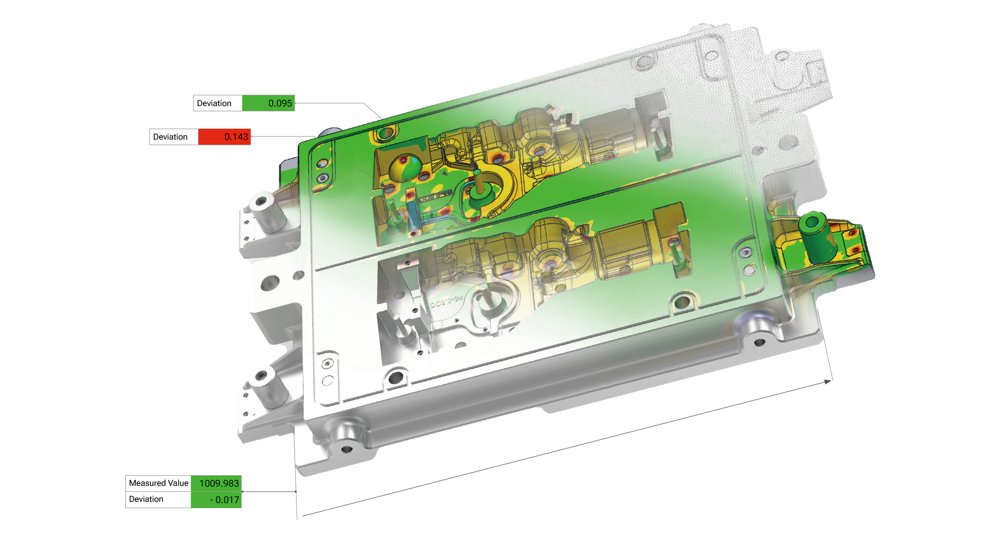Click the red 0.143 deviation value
(x=236, y=137)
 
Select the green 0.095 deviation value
(x=280, y=103)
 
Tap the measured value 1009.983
(x=219, y=484)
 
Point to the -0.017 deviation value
(x=224, y=500)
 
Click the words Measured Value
(x=158, y=483)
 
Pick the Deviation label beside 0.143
(x=170, y=137)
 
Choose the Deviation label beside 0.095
(x=214, y=103)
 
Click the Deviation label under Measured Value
(x=146, y=499)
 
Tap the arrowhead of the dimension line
(x=827, y=382)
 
